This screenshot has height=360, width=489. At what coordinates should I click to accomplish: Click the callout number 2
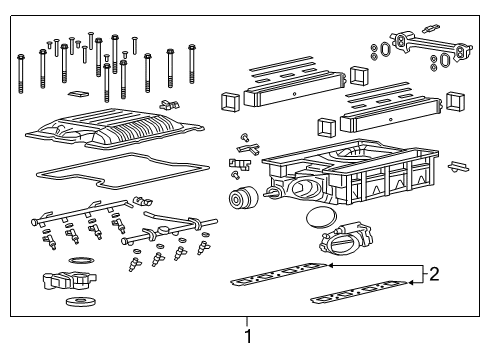[x=435, y=273]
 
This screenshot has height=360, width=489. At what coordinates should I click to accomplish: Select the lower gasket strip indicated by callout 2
[x=360, y=292]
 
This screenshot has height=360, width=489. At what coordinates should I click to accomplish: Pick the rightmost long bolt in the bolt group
[x=189, y=66]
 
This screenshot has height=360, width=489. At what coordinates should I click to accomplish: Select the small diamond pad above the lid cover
[x=75, y=95]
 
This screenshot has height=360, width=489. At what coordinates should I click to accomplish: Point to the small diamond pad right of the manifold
[x=459, y=166]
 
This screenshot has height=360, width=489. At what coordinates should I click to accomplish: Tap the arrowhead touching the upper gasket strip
[x=330, y=266]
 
